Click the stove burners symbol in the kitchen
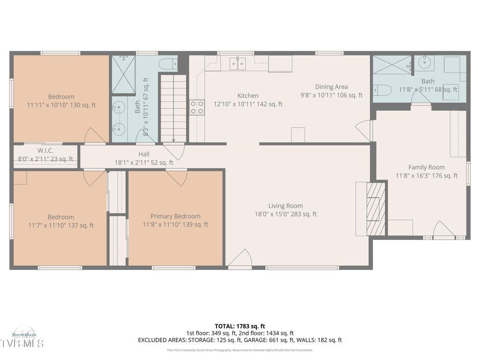(x=197, y=107)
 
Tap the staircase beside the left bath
(x=173, y=108)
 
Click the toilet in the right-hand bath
(x=382, y=90)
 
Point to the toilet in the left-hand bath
(x=168, y=63)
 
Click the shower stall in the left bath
(x=123, y=74)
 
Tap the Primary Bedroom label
(x=175, y=216)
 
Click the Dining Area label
(x=331, y=87)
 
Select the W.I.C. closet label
(x=45, y=150)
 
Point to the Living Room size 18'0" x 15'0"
(x=285, y=214)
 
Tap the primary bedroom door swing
(x=177, y=177)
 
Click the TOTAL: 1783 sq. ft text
(x=240, y=326)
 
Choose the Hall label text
(x=144, y=154)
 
